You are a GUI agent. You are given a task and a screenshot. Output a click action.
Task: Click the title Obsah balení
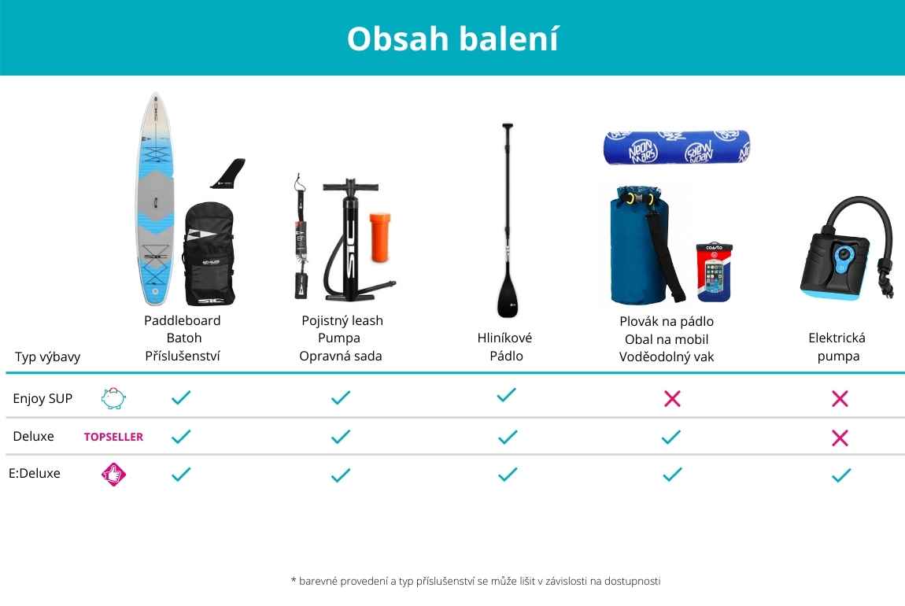(452, 39)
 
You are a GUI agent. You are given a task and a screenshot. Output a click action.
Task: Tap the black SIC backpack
(209, 253)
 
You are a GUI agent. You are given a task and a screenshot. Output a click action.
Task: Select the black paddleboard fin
(228, 173)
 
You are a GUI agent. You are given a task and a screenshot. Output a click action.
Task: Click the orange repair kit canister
(380, 237)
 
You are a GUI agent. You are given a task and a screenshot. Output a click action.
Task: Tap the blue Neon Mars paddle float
(677, 146)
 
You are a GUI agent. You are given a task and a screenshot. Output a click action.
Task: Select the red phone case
(715, 272)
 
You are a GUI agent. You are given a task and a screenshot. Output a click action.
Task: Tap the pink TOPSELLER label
(113, 437)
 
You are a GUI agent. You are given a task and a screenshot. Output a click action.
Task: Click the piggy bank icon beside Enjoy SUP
(113, 398)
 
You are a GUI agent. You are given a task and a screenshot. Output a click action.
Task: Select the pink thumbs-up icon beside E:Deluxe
(113, 475)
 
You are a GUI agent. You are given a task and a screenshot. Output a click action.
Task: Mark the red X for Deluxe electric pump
(840, 438)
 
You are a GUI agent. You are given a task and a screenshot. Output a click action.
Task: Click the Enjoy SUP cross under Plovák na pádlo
(672, 398)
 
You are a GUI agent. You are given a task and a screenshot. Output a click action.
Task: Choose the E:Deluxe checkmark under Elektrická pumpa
(841, 475)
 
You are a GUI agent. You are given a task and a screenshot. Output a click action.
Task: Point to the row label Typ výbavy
(47, 357)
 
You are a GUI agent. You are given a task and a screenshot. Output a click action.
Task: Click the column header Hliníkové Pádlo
(505, 346)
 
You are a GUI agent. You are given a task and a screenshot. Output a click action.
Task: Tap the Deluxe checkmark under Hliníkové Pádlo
(508, 437)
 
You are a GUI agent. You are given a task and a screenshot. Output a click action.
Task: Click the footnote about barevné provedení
(475, 581)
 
